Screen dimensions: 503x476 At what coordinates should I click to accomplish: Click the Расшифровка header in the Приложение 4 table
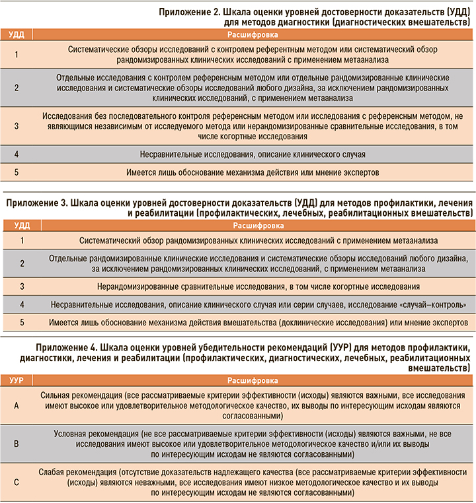[253, 380]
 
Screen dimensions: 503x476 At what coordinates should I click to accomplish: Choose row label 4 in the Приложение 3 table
[21, 304]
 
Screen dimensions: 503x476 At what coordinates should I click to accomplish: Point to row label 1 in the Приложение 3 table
[21, 241]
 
